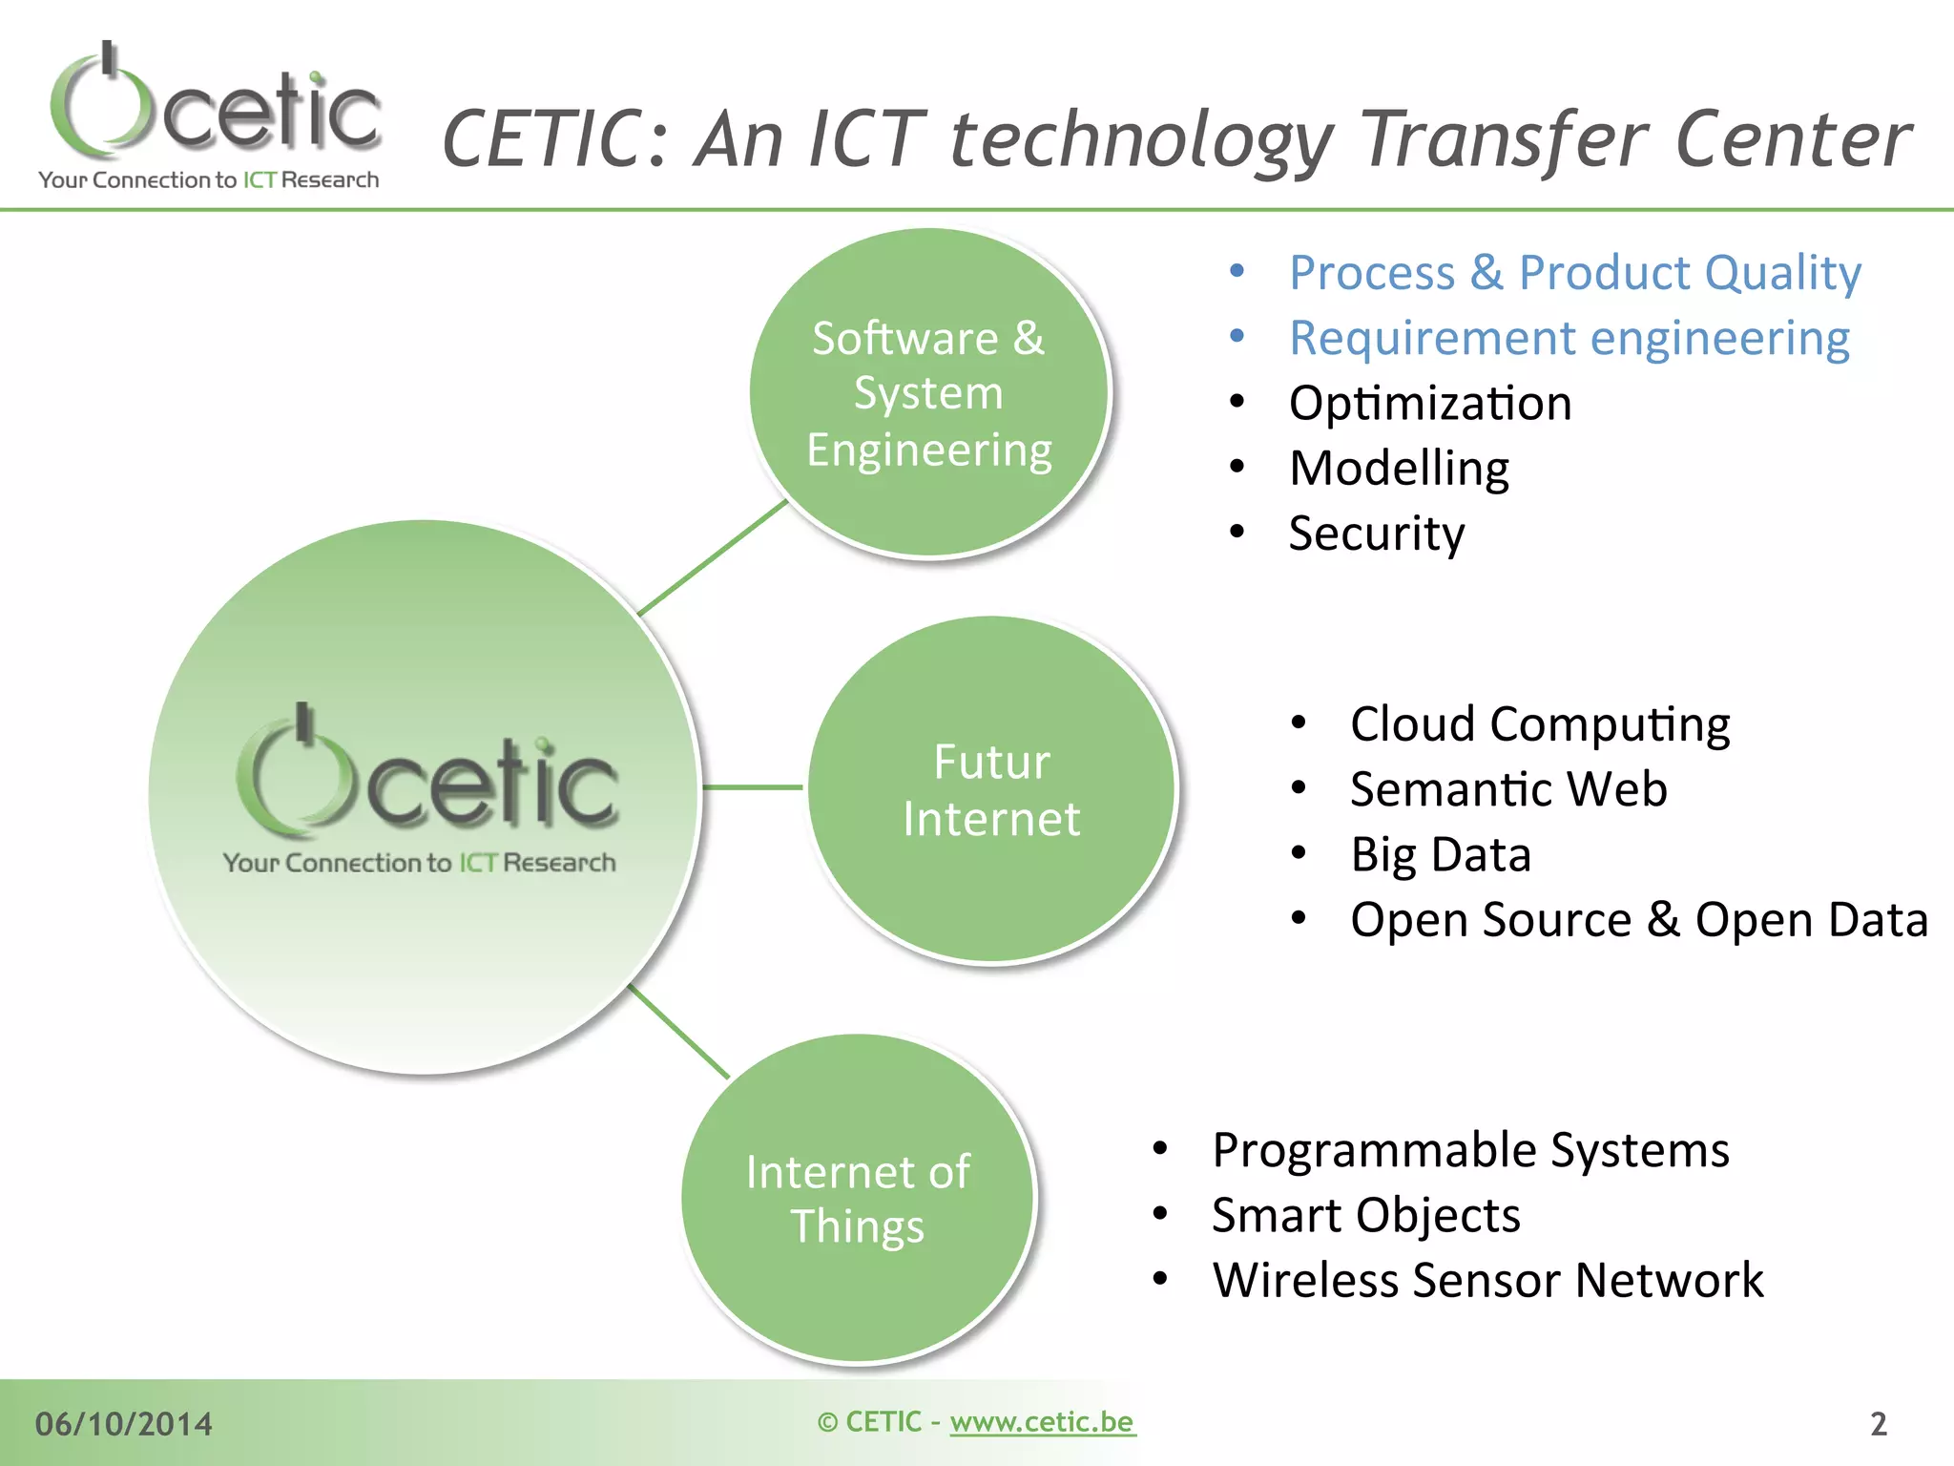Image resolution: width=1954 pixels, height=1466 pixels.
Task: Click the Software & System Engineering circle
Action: click(x=928, y=393)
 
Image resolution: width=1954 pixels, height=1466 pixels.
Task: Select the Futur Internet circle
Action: click(x=991, y=789)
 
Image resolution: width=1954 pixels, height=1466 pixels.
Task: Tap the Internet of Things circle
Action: click(x=858, y=1198)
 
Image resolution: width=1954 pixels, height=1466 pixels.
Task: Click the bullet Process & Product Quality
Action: click(x=1574, y=273)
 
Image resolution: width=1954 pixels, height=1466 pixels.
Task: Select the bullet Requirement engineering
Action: click(x=1569, y=338)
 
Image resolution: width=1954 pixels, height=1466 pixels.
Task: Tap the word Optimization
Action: click(x=1429, y=403)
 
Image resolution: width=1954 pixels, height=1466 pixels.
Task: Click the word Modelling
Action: click(x=1399, y=469)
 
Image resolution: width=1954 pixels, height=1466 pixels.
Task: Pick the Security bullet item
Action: click(x=1376, y=533)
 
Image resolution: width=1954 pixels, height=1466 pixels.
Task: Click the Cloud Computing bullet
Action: click(x=1539, y=724)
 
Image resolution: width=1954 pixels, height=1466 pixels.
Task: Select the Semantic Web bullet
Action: click(x=1507, y=789)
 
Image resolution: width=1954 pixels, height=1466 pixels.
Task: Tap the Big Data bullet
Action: click(x=1440, y=854)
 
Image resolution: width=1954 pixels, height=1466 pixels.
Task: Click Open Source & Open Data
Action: click(x=1638, y=920)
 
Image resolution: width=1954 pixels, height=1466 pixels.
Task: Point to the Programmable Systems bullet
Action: click(x=1469, y=1150)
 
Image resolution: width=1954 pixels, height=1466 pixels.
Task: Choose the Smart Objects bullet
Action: click(x=1365, y=1215)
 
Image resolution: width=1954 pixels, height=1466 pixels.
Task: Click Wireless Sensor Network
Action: click(x=1487, y=1280)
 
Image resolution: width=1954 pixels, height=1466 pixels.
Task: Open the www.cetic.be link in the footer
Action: click(x=1042, y=1422)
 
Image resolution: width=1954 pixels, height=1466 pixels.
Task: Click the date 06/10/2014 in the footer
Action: click(x=124, y=1424)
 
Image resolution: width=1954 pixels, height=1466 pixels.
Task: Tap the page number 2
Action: click(x=1878, y=1424)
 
